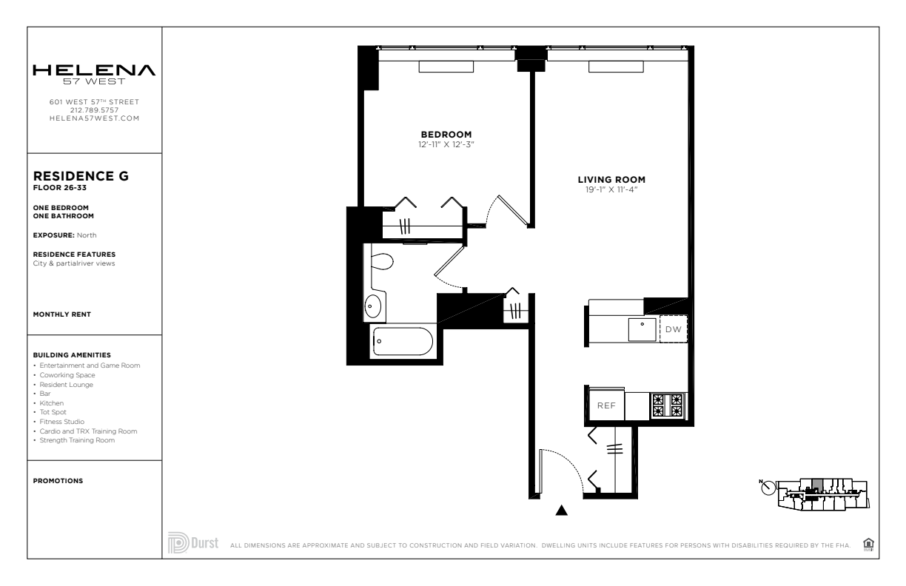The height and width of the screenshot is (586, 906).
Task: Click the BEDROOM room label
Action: (x=446, y=134)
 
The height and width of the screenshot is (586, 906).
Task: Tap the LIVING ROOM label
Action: (x=611, y=180)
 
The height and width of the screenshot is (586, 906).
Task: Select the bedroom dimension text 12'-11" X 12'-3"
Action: (x=446, y=144)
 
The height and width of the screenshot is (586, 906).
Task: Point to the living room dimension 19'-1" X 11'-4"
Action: (x=611, y=189)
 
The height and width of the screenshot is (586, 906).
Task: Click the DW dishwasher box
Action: (x=674, y=329)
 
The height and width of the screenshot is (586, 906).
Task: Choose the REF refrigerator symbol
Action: (x=606, y=405)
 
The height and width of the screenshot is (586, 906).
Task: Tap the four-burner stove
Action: (x=668, y=405)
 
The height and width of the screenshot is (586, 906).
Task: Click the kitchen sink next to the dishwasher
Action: (x=642, y=329)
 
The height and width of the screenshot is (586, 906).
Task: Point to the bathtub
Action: (x=403, y=341)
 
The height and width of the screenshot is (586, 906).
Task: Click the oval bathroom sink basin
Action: (x=372, y=306)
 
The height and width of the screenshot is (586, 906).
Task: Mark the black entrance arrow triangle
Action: (x=561, y=511)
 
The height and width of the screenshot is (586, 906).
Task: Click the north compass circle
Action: (x=768, y=488)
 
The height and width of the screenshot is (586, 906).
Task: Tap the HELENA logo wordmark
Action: (x=94, y=70)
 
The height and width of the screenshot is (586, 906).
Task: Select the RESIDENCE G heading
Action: (x=81, y=176)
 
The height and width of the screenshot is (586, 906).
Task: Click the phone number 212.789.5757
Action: (x=94, y=110)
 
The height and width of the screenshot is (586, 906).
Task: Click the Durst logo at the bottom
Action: (x=193, y=542)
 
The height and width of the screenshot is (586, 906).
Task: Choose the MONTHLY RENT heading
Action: (x=62, y=314)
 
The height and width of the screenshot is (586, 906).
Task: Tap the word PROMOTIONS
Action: (x=58, y=481)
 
